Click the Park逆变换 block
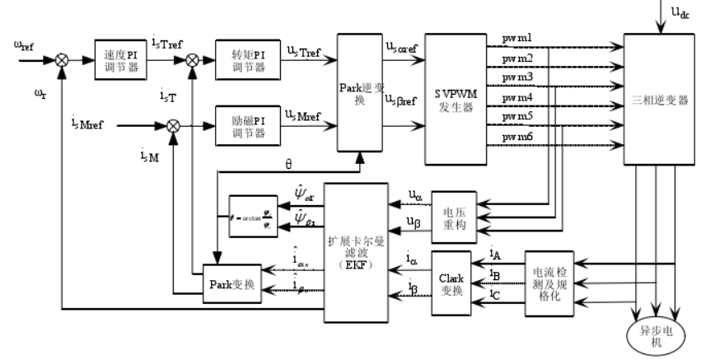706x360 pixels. (x=356, y=91)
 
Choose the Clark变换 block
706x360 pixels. (x=451, y=285)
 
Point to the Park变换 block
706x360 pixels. (x=231, y=285)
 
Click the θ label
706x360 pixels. (x=288, y=163)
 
